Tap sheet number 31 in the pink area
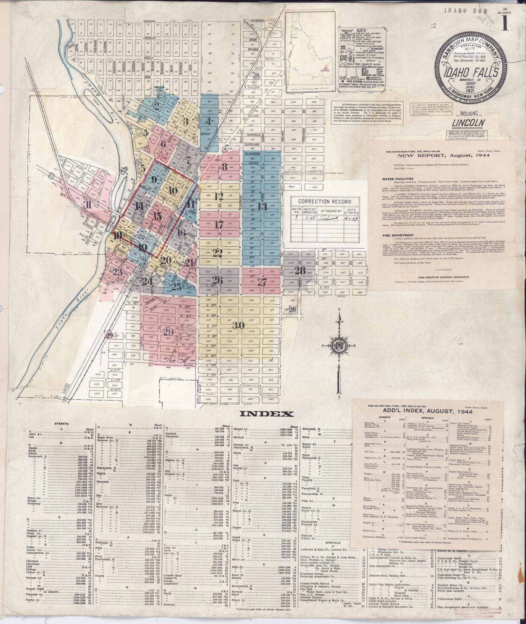pos(87,205)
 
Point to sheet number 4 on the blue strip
pos(208,121)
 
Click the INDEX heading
pos(267,414)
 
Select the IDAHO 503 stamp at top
pos(460,10)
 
